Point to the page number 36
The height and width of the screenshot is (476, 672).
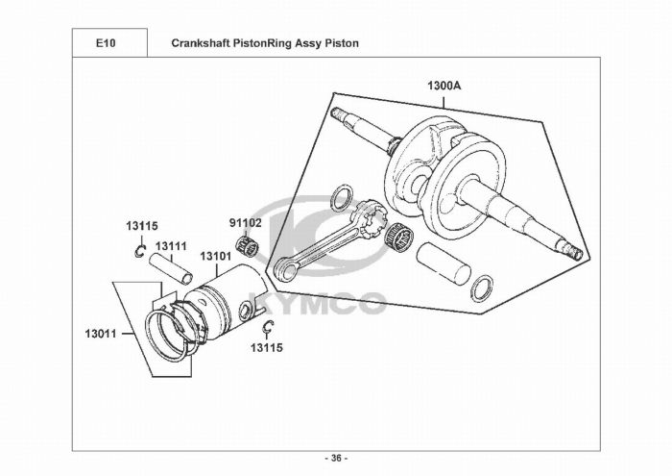(336, 458)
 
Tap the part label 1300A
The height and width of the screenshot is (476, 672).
(444, 86)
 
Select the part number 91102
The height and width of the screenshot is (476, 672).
(245, 222)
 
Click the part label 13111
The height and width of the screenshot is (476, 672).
(171, 245)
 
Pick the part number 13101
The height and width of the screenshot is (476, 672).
(216, 258)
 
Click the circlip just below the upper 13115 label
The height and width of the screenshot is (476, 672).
(139, 253)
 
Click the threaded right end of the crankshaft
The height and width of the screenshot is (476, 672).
(574, 253)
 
